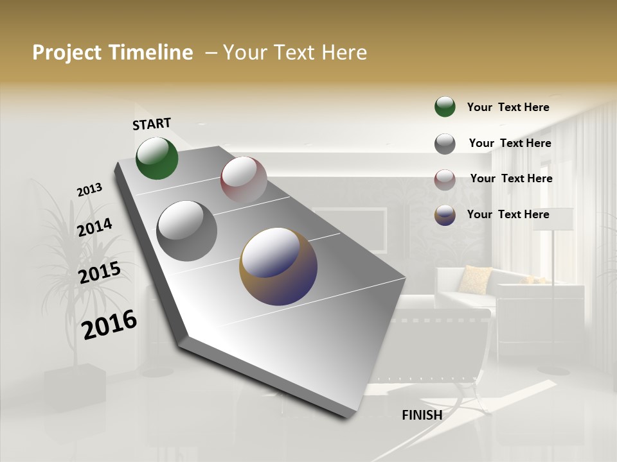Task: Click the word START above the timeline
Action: tap(152, 124)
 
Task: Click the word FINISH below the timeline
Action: tap(422, 415)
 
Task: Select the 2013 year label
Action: tap(89, 190)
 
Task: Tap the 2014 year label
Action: tap(94, 228)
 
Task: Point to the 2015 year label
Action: tap(100, 273)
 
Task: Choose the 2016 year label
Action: tap(109, 325)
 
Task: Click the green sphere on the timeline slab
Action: tap(157, 158)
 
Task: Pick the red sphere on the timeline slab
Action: tap(244, 180)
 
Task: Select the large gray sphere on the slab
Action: tap(187, 231)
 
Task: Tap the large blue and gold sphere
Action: tap(278, 266)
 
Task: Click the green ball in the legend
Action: tap(445, 107)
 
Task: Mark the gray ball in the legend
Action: tap(445, 144)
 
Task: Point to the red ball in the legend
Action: tap(445, 180)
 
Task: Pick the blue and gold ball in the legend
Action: tap(445, 215)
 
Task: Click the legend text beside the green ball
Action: tap(508, 107)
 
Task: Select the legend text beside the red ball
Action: tap(511, 178)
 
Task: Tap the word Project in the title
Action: tap(67, 53)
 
